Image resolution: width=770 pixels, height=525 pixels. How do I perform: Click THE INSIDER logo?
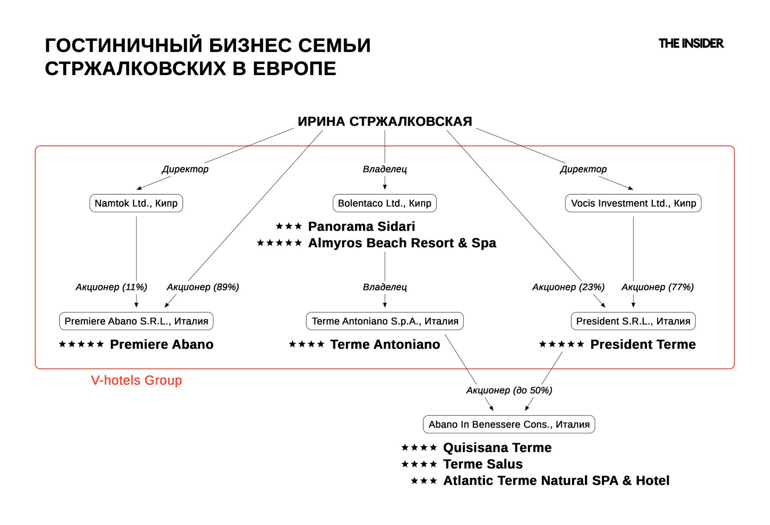[691, 44]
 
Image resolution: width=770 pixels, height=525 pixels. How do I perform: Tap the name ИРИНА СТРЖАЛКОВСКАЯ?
[385, 121]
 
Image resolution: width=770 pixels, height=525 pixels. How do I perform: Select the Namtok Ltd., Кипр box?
[136, 203]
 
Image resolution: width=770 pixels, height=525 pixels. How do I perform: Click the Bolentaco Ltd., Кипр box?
[385, 203]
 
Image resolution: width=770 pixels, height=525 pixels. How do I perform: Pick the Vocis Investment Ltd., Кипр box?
[633, 203]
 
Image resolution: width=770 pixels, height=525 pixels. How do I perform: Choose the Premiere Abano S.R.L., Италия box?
[136, 321]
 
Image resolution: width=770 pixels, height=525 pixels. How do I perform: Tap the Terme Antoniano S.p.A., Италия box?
[385, 321]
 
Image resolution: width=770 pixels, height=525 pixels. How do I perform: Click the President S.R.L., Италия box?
[633, 321]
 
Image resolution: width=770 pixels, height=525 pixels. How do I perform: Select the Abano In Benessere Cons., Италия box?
[509, 424]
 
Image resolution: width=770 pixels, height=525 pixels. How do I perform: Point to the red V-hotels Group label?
[136, 380]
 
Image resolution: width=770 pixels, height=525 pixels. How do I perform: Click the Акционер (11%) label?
[111, 287]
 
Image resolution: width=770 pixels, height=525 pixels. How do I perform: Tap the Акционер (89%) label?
[203, 287]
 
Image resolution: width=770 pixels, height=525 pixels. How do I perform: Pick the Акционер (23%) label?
[568, 287]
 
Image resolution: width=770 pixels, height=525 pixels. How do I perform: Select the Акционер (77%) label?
[658, 287]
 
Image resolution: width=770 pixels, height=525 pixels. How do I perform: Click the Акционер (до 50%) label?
[509, 390]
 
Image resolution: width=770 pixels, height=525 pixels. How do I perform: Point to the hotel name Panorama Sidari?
[361, 226]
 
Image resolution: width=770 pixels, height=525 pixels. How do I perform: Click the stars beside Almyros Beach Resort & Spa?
[279, 243]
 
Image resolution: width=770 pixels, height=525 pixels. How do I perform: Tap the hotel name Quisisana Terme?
[497, 447]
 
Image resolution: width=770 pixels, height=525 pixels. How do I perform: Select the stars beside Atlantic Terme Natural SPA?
[424, 481]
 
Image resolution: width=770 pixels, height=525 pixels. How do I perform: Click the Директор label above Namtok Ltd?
[185, 169]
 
